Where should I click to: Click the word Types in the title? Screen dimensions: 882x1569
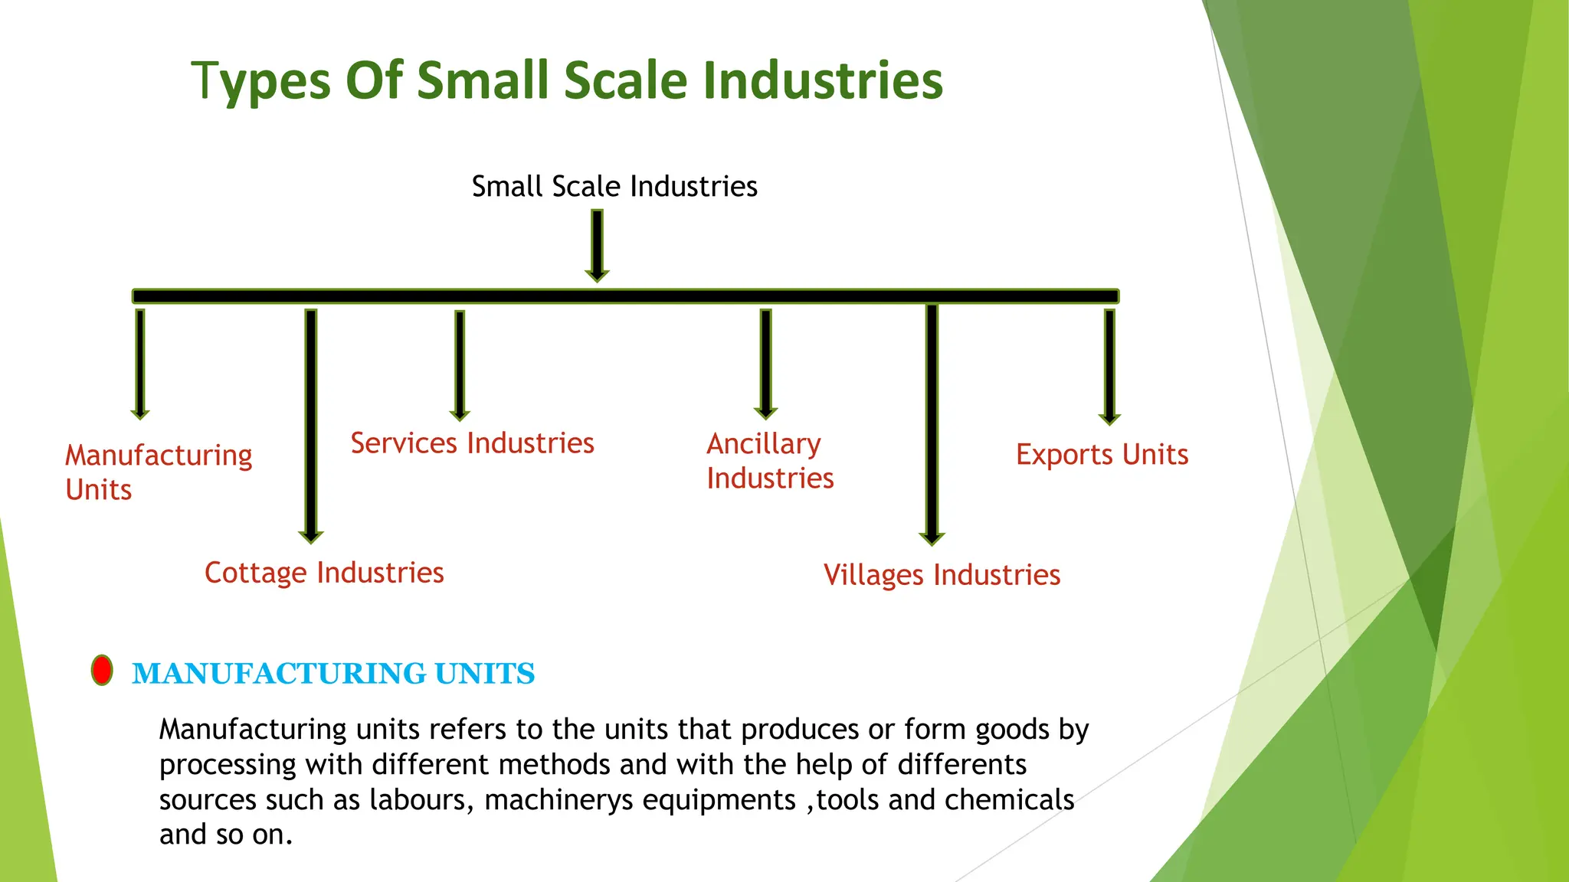tap(260, 81)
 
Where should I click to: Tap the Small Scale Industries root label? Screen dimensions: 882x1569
tap(614, 186)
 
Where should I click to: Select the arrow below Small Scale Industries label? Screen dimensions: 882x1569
tap(597, 245)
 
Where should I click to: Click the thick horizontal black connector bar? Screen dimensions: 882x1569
tap(625, 296)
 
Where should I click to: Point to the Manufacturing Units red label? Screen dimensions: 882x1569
tap(158, 472)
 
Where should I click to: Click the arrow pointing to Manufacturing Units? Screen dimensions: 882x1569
tap(140, 364)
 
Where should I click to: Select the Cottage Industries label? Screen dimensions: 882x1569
tap(324, 573)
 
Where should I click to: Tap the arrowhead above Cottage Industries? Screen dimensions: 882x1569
tap(310, 536)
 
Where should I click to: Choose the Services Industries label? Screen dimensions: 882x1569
tap(472, 443)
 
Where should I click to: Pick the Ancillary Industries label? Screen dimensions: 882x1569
tap(769, 461)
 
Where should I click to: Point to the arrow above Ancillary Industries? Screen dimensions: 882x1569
tap(765, 364)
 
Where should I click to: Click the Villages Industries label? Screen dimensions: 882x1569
tap(942, 575)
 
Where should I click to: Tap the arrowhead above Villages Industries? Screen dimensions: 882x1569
tap(932, 537)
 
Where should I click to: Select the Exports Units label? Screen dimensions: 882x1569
tap(1102, 455)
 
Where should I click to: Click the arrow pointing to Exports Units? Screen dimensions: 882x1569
tap(1109, 367)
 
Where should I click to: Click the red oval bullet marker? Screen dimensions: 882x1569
tap(102, 671)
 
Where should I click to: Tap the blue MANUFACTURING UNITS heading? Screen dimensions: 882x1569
tap(333, 674)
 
